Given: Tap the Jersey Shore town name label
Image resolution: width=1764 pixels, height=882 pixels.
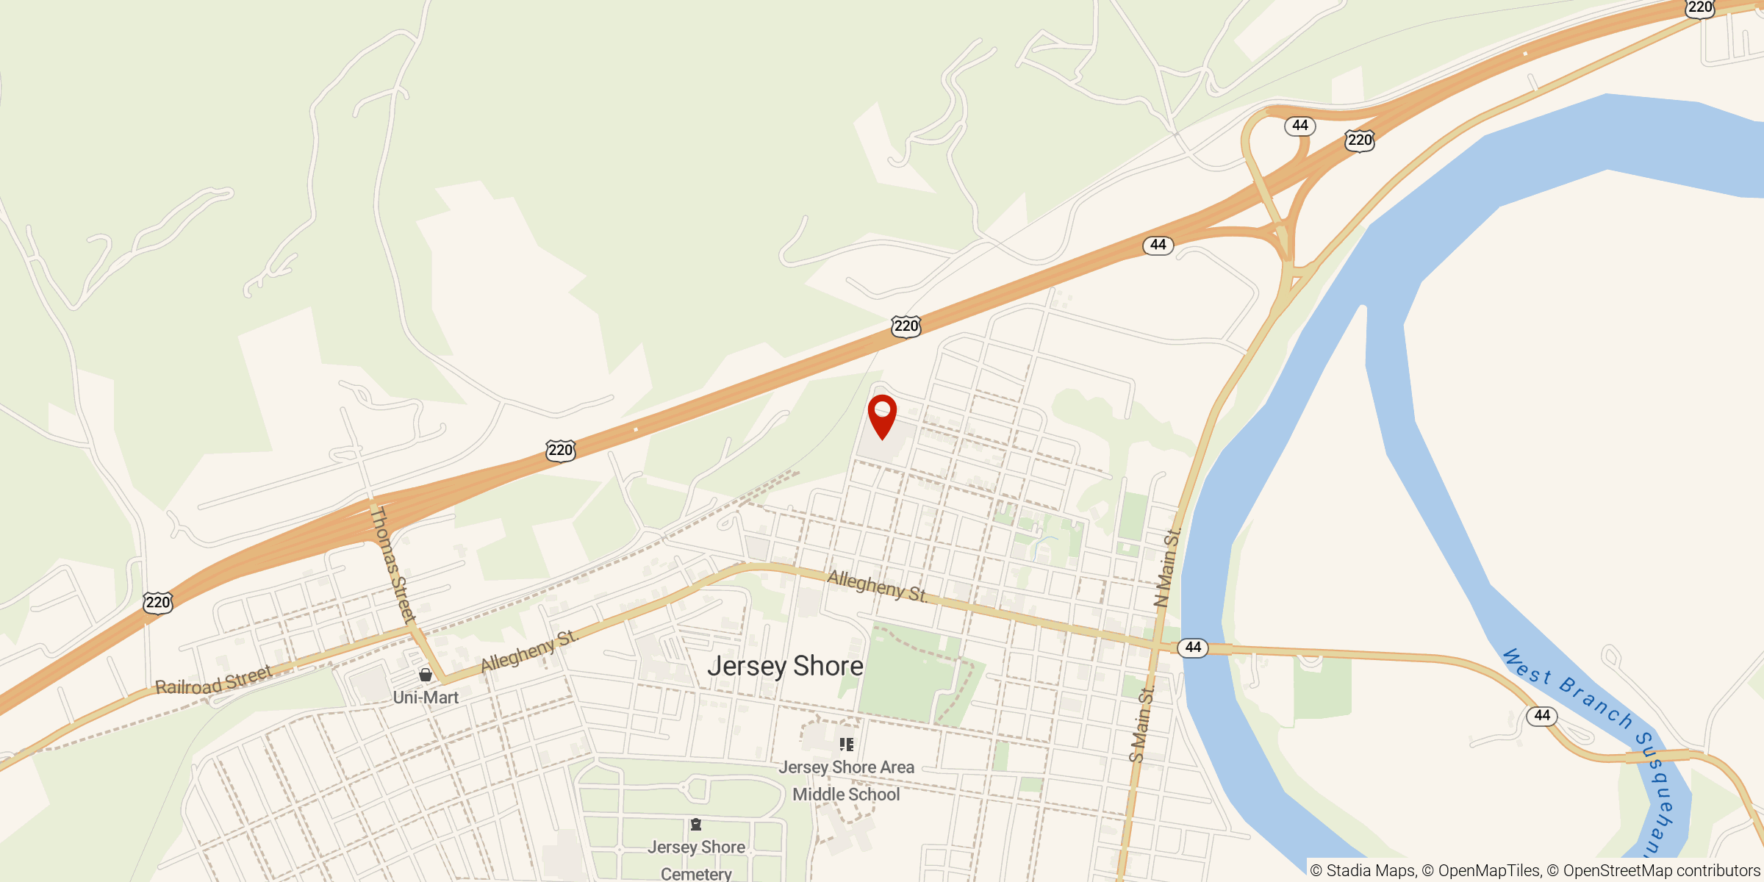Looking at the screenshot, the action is (x=785, y=666).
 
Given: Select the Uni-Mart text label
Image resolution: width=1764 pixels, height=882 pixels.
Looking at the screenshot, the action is (x=426, y=698).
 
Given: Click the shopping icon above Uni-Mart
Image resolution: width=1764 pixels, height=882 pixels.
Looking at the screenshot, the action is (x=426, y=675).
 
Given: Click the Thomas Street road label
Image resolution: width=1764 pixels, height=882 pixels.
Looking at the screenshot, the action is (x=392, y=564).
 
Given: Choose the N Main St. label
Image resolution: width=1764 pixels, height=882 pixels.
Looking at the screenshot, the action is (x=1166, y=567).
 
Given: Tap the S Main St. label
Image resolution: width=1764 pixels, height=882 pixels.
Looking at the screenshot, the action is (x=1142, y=724).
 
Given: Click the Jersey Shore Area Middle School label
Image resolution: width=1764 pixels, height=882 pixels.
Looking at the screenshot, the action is (x=846, y=781).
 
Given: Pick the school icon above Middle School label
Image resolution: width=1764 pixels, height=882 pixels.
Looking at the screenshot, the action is (x=847, y=745).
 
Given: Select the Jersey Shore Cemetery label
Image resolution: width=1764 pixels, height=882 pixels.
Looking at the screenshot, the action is (x=696, y=860).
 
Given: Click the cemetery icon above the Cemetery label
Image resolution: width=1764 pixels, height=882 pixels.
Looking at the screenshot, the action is (x=696, y=825).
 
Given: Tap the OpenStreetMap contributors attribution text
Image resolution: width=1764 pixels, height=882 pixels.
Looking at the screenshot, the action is (x=1661, y=871).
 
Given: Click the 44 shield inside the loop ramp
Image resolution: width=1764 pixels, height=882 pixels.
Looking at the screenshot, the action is (x=1299, y=126).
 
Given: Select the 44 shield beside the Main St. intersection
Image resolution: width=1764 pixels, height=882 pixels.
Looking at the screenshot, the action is (x=1192, y=648).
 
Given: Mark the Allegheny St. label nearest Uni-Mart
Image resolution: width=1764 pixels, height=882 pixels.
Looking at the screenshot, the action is (x=529, y=651).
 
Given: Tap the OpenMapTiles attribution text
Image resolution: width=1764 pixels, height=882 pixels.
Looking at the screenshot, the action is (x=1482, y=871).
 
